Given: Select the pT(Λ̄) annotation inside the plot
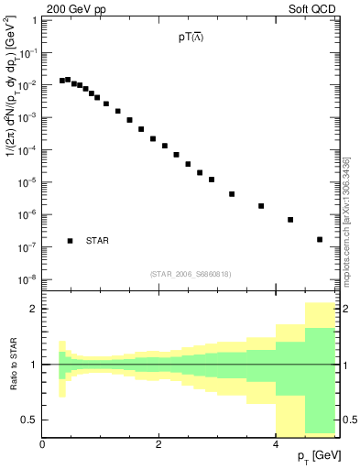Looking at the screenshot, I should pos(191,39).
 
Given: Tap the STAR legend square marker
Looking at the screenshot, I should pos(70,241).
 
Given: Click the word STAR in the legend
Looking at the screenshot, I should pos(97,241).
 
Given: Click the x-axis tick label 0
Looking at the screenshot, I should pos(42,443).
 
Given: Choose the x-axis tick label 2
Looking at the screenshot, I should pos(159,443).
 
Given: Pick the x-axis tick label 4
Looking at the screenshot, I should pos(276,443).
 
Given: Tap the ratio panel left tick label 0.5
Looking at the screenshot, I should pos(27,420).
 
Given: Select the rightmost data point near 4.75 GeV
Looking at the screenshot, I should pos(320,239).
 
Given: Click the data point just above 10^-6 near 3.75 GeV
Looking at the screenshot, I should pos(261,206).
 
